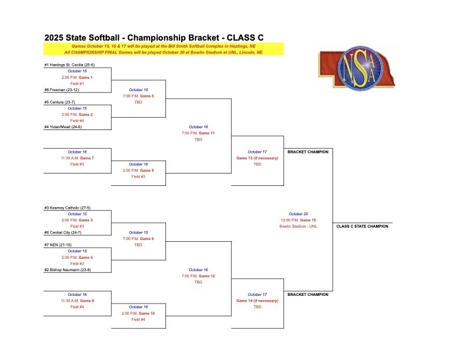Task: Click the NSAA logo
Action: pyautogui.click(x=357, y=68)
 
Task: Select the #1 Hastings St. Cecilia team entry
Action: pyautogui.click(x=69, y=65)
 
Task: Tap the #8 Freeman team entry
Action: pyautogui.click(x=62, y=89)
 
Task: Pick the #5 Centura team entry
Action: pyautogui.click(x=59, y=102)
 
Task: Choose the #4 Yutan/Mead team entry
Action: pyautogui.click(x=63, y=127)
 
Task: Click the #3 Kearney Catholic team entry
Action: pyautogui.click(x=68, y=208)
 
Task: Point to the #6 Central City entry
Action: pyautogui.click(x=63, y=232)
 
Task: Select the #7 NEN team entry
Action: pyautogui.click(x=58, y=245)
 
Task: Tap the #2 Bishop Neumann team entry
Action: pyautogui.click(x=68, y=269)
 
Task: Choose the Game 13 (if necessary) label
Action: pyautogui.click(x=257, y=158)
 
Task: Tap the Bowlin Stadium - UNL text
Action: pyautogui.click(x=298, y=226)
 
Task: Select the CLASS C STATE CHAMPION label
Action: pyautogui.click(x=362, y=226)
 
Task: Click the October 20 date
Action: pyautogui.click(x=298, y=214)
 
